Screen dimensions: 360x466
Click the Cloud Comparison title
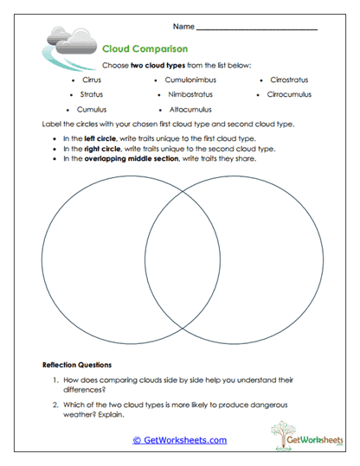(145, 49)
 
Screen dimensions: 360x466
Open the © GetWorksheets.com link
(179, 440)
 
